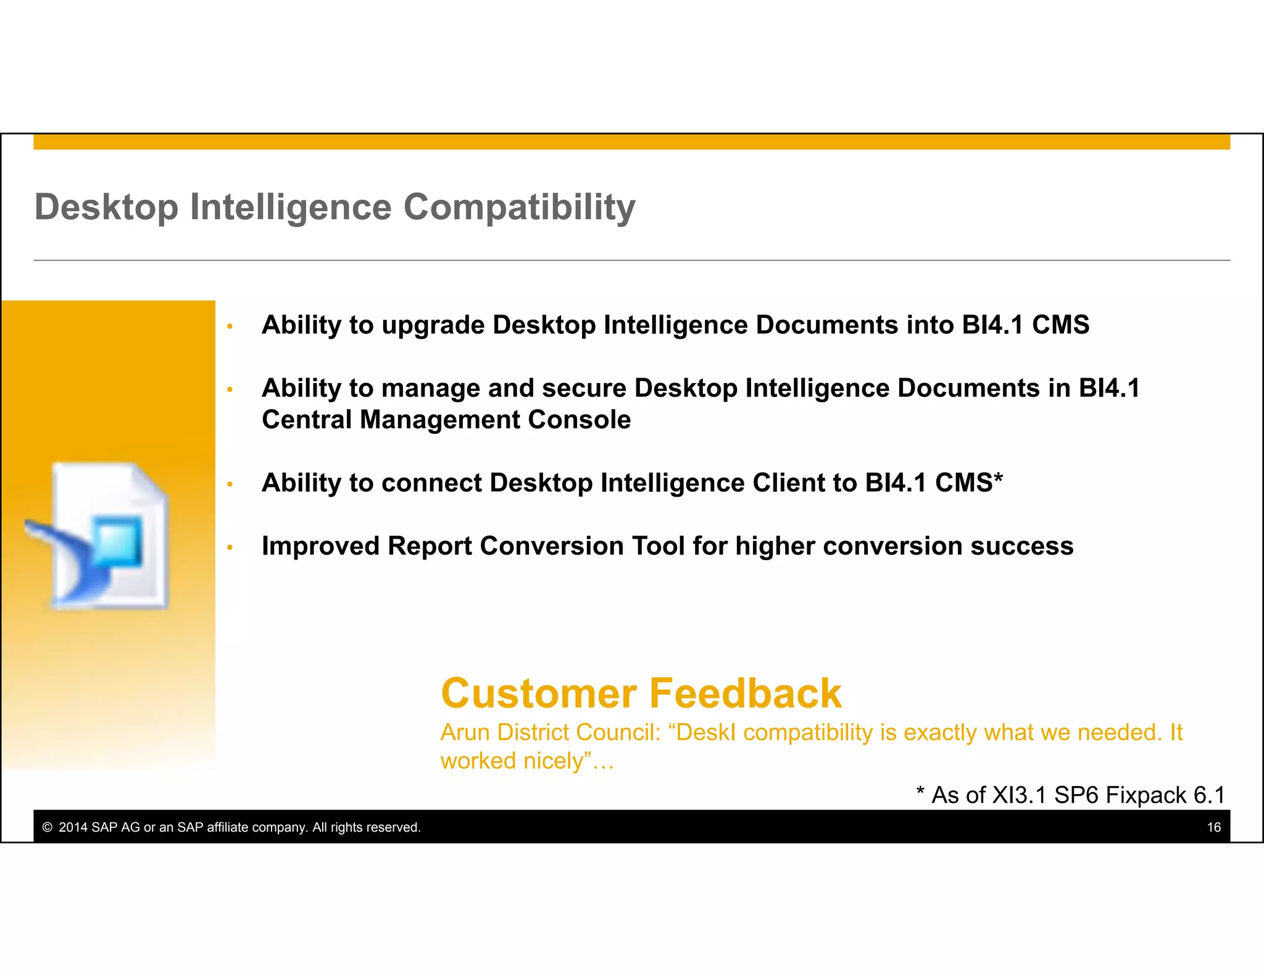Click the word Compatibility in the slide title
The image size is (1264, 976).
click(x=519, y=207)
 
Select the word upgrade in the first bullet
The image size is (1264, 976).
click(x=433, y=325)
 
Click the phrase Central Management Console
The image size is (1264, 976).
click(x=446, y=420)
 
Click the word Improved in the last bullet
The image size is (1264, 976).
click(x=320, y=546)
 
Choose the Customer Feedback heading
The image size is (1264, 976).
click(x=641, y=693)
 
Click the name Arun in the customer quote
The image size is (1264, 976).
click(x=465, y=733)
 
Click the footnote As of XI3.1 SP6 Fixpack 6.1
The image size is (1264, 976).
click(x=1071, y=795)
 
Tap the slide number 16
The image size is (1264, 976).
click(x=1213, y=827)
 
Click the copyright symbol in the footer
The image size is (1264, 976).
click(x=48, y=827)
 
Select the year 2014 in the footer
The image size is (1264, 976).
click(x=73, y=827)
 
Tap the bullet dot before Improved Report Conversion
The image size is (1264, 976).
click(x=230, y=547)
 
